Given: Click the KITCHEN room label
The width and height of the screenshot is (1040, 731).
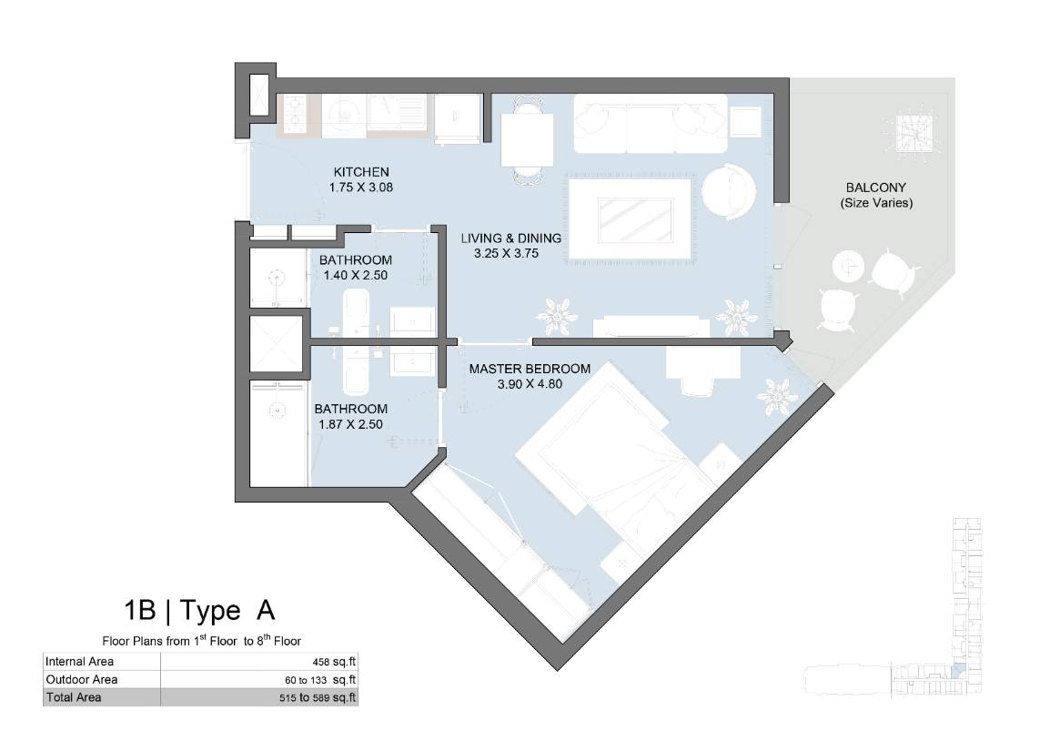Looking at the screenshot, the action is click(361, 172).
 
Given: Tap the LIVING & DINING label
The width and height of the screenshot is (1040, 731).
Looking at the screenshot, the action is click(510, 239).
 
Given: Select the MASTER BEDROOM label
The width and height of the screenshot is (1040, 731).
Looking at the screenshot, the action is click(530, 369).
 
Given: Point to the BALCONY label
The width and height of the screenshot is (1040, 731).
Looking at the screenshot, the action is click(875, 188).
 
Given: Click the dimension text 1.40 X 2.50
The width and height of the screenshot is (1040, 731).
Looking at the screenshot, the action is click(356, 275).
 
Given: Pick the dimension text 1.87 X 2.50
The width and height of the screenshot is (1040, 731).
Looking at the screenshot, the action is click(351, 424).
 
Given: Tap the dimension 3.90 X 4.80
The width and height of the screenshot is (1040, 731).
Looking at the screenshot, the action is click(530, 384).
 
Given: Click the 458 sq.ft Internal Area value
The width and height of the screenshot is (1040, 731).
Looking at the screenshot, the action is click(334, 661).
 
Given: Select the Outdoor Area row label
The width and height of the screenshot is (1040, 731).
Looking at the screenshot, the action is click(82, 679).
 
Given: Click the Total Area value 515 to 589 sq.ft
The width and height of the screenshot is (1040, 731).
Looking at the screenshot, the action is click(318, 697).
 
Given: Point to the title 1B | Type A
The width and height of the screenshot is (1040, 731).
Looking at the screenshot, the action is click(199, 610).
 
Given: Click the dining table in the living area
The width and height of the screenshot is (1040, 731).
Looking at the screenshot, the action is click(527, 140).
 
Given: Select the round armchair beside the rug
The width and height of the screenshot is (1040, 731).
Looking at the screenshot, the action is click(728, 192).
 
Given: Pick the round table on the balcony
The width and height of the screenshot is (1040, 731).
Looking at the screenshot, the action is click(848, 267).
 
